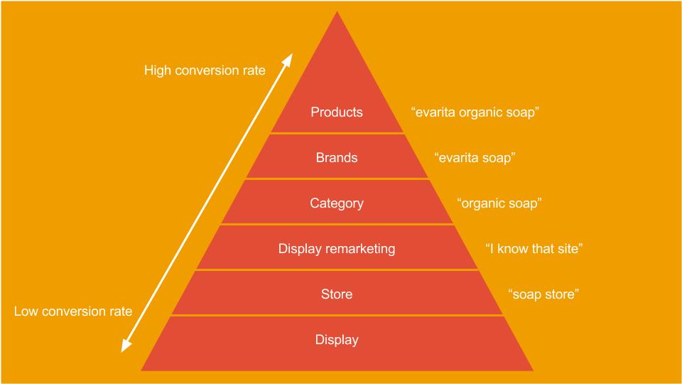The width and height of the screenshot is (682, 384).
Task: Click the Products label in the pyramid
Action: (337, 112)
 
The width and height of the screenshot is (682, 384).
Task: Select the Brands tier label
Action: (337, 158)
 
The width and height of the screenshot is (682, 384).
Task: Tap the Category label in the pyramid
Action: (337, 203)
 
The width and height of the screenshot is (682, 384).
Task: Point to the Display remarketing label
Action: (337, 249)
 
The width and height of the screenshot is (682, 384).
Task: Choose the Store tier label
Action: (337, 294)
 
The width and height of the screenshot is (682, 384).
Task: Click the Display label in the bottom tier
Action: (337, 340)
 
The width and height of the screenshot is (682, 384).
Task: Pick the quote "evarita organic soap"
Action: (475, 112)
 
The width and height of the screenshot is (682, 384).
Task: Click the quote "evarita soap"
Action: (475, 158)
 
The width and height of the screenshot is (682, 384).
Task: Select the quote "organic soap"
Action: (499, 203)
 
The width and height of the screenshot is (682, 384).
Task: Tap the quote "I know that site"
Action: (534, 249)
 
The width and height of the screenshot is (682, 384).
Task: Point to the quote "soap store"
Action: (543, 294)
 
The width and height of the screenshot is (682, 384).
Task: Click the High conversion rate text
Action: (205, 70)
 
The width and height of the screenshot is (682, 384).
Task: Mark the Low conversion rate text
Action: (73, 311)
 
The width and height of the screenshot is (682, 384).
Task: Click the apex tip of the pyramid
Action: (337, 12)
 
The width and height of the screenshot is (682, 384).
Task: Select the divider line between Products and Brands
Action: (337, 133)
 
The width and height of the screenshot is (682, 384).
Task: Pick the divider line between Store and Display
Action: (337, 315)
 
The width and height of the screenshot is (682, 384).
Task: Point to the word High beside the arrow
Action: (158, 70)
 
